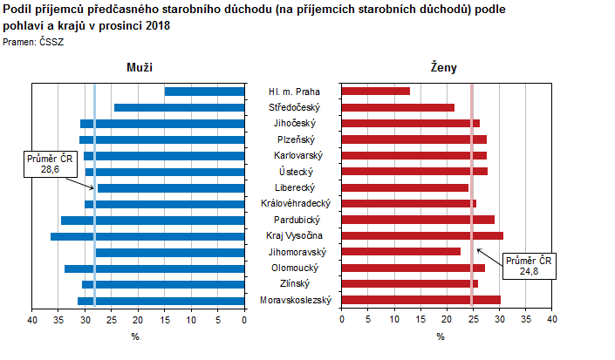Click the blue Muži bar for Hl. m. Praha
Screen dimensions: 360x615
point(204,92)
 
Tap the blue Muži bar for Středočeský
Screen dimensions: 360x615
point(179,108)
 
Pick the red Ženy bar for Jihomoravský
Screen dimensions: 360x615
point(400,252)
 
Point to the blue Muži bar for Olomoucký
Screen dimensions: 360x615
point(154,268)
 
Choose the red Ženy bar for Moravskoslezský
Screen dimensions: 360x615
point(420,301)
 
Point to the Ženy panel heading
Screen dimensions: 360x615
point(443,67)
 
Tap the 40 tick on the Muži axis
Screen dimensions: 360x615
point(32,321)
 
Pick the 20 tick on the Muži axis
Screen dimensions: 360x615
point(139,321)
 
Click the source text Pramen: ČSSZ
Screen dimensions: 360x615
point(34,42)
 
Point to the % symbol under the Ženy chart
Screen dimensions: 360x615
point(441,336)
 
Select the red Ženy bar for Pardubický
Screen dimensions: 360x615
point(417,220)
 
